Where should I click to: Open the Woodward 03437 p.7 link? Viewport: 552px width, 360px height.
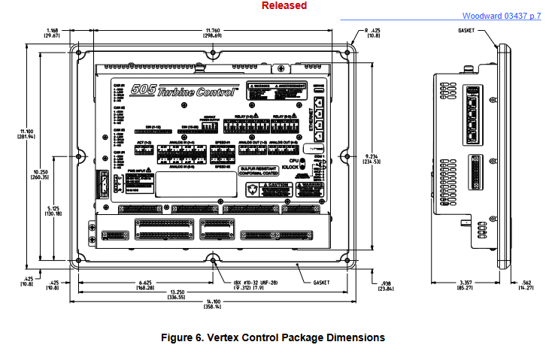[501, 16]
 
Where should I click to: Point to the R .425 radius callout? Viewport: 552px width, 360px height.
[372, 31]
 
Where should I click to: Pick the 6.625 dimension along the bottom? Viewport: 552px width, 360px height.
[144, 284]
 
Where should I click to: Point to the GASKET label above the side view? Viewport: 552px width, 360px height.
[467, 31]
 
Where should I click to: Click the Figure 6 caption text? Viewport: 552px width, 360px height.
[274, 337]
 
